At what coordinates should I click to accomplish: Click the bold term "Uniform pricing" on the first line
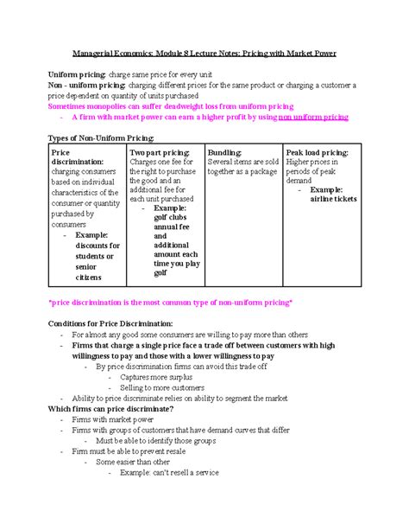(77, 76)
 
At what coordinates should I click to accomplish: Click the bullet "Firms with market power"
(116, 419)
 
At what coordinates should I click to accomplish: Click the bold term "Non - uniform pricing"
(86, 86)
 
